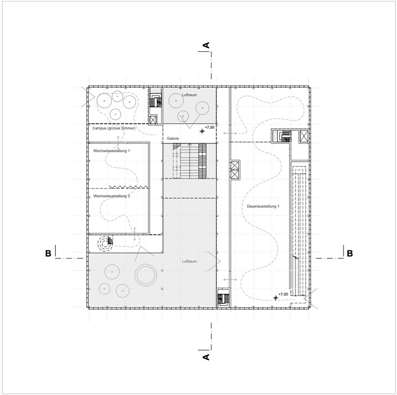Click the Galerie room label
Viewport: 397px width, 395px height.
click(x=173, y=138)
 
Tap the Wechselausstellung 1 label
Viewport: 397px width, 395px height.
click(x=111, y=151)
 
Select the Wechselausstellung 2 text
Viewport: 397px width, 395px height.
click(x=111, y=196)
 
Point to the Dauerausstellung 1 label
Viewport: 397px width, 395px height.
click(x=263, y=206)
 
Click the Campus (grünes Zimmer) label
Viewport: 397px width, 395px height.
click(x=114, y=128)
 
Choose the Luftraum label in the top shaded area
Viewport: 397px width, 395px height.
click(x=190, y=95)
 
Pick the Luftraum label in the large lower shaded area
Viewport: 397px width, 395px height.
click(x=190, y=261)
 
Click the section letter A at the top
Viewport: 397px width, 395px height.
click(x=207, y=45)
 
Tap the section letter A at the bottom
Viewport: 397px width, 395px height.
click(x=206, y=357)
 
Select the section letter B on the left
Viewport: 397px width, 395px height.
click(x=48, y=253)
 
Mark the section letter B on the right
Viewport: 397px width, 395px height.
click(x=350, y=253)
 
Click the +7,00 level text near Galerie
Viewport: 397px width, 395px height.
click(x=210, y=127)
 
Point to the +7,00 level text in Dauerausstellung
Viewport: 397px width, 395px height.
click(x=283, y=294)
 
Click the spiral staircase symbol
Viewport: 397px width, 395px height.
click(x=106, y=244)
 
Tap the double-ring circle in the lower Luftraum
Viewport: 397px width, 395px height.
click(x=145, y=275)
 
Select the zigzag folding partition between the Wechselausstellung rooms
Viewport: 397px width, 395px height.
click(x=128, y=187)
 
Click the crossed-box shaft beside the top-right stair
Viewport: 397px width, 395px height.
click(x=303, y=137)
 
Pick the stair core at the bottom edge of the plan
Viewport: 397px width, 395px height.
click(x=224, y=298)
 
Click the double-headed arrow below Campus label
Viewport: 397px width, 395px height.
click(x=118, y=142)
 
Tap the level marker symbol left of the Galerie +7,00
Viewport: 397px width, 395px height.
click(x=202, y=131)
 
